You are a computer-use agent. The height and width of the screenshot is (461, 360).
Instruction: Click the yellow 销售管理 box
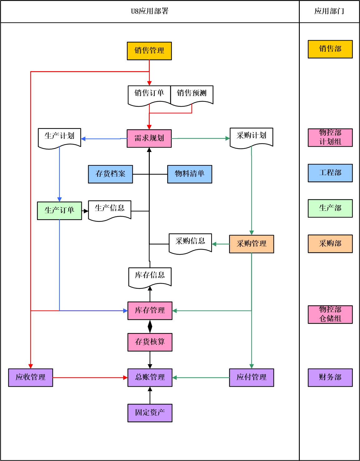click(149, 51)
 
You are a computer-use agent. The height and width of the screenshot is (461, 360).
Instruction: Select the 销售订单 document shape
click(149, 94)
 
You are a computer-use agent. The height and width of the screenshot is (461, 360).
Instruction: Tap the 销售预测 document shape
click(192, 94)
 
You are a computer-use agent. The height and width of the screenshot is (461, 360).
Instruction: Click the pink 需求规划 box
click(149, 138)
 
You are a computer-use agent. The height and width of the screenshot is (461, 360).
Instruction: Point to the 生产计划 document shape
click(59, 136)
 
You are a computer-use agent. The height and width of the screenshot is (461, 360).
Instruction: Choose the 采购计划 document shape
click(251, 136)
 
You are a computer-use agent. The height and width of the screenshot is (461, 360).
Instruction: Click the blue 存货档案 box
click(110, 174)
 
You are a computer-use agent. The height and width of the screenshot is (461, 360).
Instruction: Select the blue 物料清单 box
click(190, 174)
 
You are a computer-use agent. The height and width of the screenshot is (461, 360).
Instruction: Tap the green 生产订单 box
click(59, 211)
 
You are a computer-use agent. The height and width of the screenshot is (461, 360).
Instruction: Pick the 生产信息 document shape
click(109, 209)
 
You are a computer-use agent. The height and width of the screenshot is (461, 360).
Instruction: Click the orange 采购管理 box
click(251, 244)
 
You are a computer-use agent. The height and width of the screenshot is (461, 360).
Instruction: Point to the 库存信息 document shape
click(150, 276)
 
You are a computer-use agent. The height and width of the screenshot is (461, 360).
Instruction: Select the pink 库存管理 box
click(150, 311)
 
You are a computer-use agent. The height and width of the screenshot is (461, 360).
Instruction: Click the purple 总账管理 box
click(150, 377)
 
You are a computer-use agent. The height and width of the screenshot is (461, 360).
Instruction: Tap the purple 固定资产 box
click(150, 413)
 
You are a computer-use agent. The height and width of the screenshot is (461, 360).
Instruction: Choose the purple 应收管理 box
click(31, 377)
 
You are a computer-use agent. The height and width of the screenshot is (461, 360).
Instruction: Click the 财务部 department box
click(330, 377)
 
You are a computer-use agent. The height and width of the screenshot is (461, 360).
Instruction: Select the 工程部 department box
click(330, 173)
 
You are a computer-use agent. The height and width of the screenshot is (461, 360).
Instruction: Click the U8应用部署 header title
click(150, 12)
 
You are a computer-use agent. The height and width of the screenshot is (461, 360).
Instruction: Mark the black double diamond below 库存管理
click(150, 326)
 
